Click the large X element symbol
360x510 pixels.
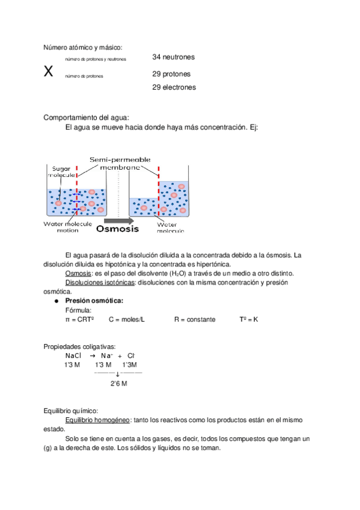pyautogui.click(x=49, y=72)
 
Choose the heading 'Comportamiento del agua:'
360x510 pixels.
pyautogui.click(x=86, y=117)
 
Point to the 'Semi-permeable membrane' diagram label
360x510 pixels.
pyautogui.click(x=120, y=163)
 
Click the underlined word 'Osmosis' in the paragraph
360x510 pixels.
pyautogui.click(x=78, y=274)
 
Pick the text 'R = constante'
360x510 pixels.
pyautogui.click(x=194, y=319)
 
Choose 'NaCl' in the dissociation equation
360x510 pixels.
pyautogui.click(x=73, y=355)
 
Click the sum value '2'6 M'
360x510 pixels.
pyautogui.click(x=118, y=382)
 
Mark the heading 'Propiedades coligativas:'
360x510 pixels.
pyautogui.click(x=80, y=346)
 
